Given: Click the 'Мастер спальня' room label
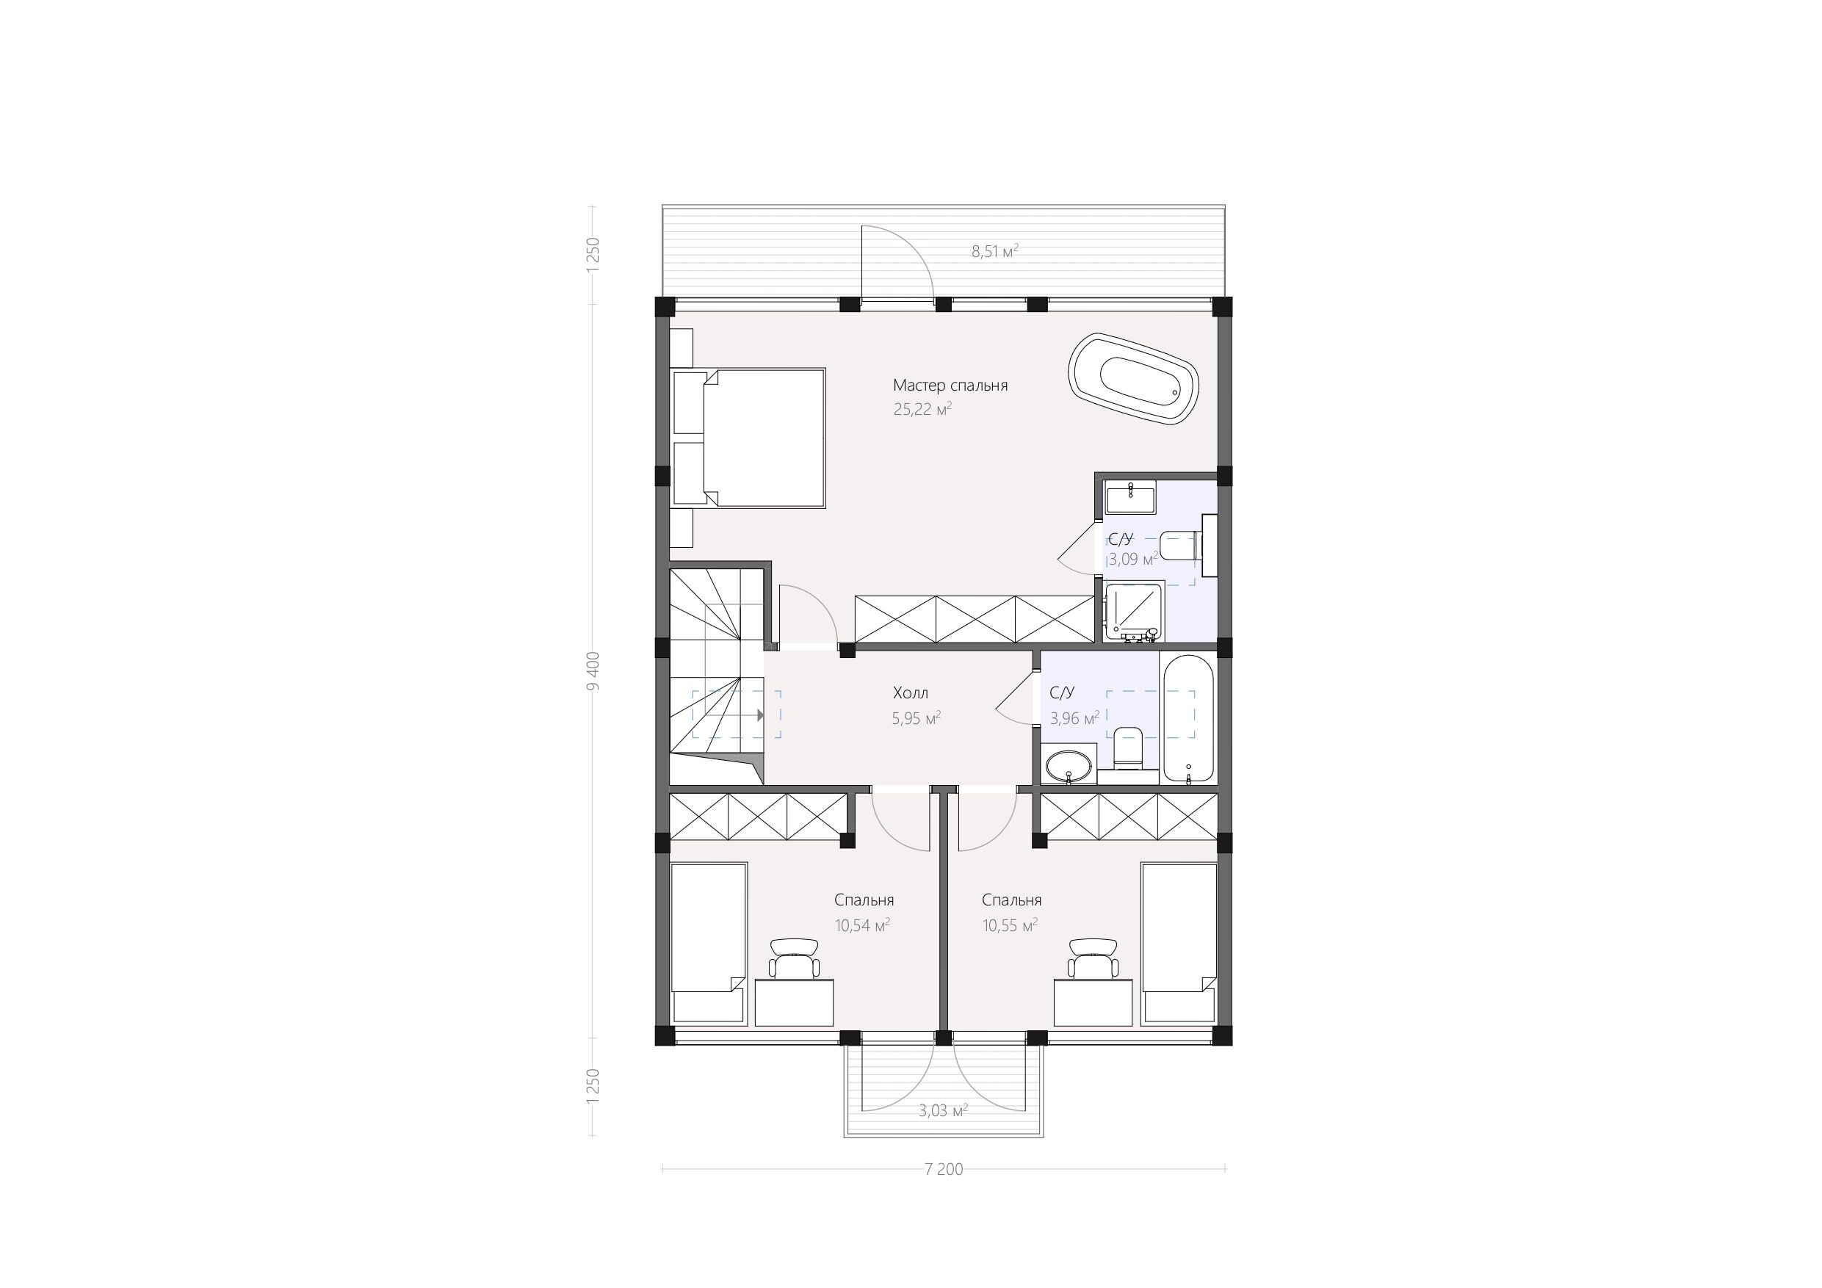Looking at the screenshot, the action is click(x=950, y=386).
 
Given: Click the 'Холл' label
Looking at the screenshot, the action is click(x=910, y=692).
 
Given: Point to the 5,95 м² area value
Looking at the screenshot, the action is click(x=917, y=718).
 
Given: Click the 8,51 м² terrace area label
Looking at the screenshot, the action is click(x=995, y=252).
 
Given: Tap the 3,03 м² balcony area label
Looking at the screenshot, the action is click(x=943, y=1111).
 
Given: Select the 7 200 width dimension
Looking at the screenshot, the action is click(x=944, y=1169).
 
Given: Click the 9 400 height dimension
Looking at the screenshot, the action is click(x=593, y=671).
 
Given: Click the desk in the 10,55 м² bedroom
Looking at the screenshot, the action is click(x=1093, y=1002).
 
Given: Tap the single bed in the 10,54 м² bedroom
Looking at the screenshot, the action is click(x=709, y=943).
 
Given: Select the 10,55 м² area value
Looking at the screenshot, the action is click(x=1011, y=925).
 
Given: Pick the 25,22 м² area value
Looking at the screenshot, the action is click(x=922, y=410).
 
